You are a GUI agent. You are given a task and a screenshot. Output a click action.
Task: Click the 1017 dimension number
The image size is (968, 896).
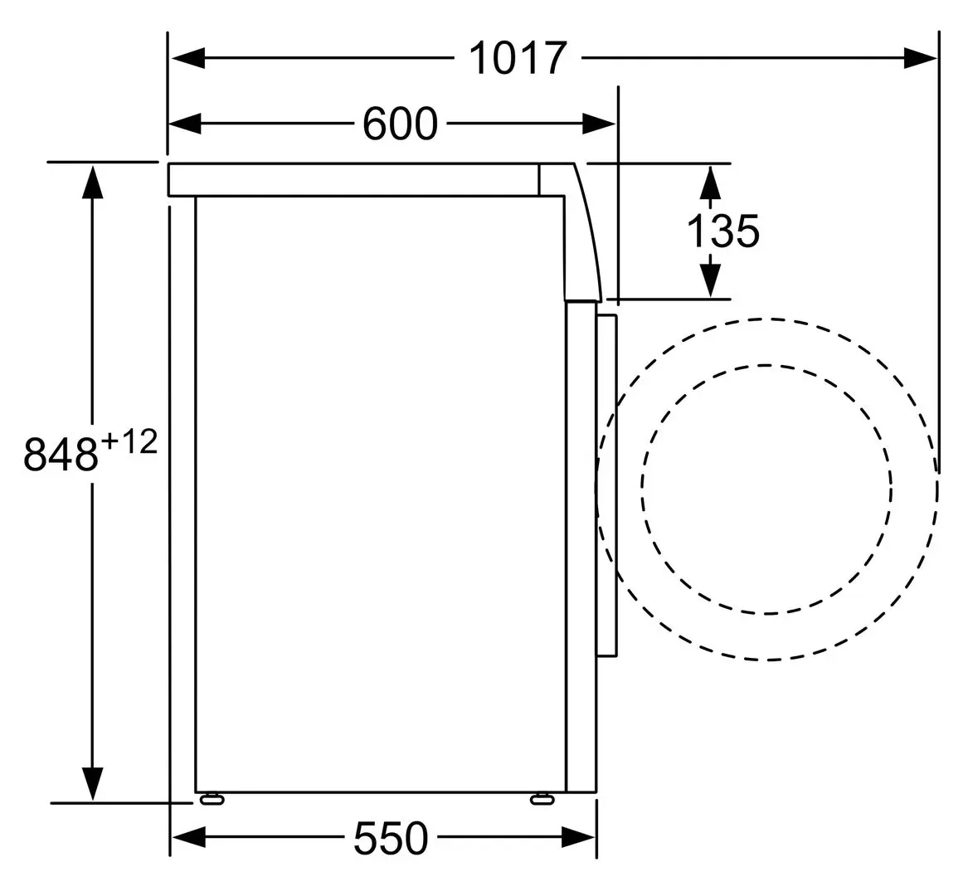[518, 59]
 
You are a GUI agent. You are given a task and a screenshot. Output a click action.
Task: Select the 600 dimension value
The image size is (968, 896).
[400, 124]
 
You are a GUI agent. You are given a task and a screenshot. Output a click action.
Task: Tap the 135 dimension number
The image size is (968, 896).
[723, 231]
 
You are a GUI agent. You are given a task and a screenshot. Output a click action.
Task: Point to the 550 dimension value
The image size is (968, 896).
[391, 838]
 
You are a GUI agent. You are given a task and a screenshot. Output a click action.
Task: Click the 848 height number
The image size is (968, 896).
[61, 454]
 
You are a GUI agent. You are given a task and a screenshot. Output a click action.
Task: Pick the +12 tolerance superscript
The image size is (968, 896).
[129, 442]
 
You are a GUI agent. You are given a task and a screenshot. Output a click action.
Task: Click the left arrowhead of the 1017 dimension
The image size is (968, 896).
[187, 59]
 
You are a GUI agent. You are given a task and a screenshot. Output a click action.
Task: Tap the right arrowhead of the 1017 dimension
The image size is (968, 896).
[921, 59]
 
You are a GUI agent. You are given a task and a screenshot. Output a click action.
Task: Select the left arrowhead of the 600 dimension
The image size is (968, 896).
[185, 124]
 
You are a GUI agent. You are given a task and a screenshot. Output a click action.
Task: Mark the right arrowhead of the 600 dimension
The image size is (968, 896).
[599, 124]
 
